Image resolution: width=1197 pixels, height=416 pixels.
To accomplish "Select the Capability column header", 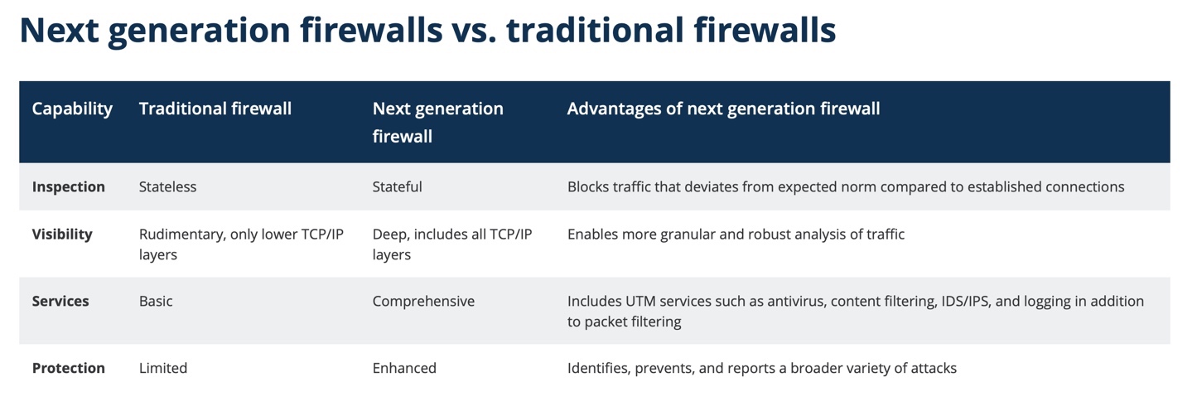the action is point(72,109).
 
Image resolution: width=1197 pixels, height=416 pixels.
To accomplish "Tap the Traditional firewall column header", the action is point(215,109).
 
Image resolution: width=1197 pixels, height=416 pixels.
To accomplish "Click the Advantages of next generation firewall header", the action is point(723,109).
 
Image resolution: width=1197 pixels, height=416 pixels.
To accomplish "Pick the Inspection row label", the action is point(69,186).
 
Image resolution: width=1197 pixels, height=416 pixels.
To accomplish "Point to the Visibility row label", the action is point(62,235).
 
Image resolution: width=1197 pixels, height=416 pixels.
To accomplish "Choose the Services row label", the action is point(60,301).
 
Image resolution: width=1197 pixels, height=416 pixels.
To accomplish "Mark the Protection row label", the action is point(69,368).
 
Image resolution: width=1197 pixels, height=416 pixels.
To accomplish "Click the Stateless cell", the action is point(168,186).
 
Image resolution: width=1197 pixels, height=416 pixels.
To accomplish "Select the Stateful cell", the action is point(397,186).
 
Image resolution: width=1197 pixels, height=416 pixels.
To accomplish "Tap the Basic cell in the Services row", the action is point(156,301).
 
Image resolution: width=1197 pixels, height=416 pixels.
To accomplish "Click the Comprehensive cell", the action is point(423,301).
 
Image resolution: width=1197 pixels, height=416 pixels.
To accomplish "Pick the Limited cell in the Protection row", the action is point(163,368).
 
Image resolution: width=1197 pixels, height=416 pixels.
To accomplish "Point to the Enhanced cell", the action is point(404,368).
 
